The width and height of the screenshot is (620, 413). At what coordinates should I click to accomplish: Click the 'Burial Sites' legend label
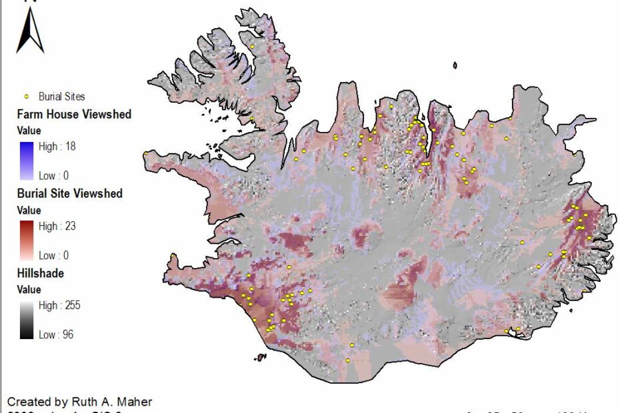click(61, 97)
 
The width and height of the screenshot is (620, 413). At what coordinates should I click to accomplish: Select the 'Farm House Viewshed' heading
click(73, 114)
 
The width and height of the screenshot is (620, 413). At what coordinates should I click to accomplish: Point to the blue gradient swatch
click(27, 161)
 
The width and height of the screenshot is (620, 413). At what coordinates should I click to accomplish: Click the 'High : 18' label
click(57, 147)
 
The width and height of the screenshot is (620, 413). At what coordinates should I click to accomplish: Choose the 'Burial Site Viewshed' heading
click(69, 193)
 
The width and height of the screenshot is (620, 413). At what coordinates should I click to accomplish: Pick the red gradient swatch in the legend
click(27, 240)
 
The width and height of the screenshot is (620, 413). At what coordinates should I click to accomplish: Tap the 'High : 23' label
click(57, 226)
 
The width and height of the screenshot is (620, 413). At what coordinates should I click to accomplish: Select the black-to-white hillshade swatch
click(27, 320)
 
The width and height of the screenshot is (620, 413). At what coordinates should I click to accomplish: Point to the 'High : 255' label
click(59, 306)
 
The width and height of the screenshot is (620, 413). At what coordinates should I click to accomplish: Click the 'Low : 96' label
click(57, 334)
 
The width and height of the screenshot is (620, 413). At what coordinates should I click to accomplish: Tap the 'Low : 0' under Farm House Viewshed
click(54, 175)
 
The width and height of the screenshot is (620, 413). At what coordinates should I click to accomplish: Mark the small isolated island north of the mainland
click(455, 65)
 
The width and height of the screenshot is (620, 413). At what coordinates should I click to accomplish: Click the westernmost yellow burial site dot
click(145, 153)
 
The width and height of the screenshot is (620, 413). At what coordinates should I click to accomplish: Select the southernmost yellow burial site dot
click(348, 360)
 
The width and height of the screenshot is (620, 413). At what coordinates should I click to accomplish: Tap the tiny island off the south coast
click(260, 358)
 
